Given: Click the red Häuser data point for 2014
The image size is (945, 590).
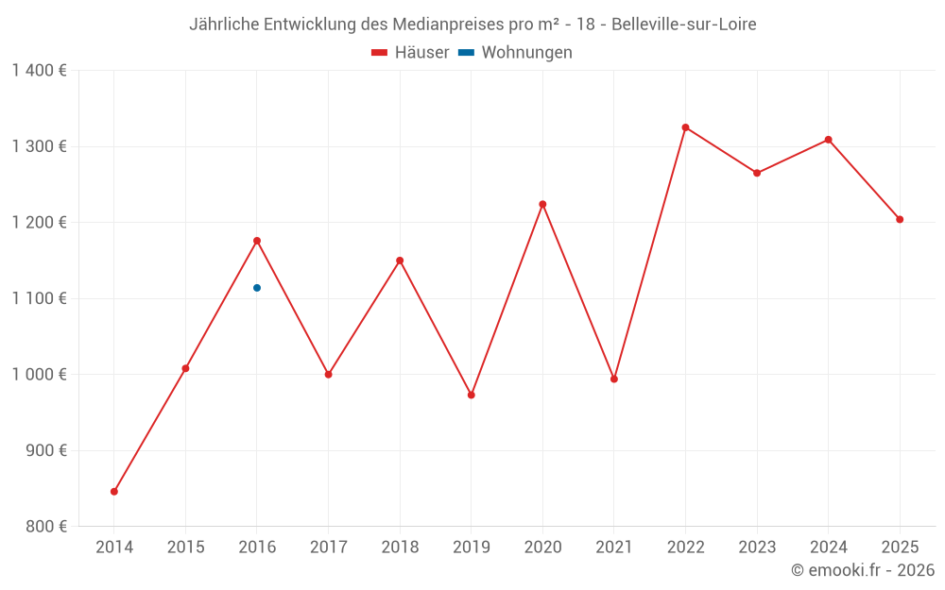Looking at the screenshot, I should (114, 492).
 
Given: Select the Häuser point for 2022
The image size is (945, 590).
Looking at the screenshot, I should (685, 127).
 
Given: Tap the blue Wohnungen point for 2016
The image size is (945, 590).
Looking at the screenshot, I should (257, 288).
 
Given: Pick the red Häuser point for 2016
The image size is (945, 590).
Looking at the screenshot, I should (257, 241).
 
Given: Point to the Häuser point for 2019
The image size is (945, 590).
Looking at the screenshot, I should (472, 395).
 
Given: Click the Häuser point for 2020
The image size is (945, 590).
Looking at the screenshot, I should (542, 204).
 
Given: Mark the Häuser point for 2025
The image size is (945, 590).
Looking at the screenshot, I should (900, 220).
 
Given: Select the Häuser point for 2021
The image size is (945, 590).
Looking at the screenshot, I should (614, 379).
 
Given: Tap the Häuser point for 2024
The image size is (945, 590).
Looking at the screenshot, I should (829, 140).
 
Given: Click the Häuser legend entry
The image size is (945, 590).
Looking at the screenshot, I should (410, 53).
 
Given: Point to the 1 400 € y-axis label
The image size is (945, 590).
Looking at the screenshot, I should (39, 71).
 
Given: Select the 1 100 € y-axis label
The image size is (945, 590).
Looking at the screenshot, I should (39, 298).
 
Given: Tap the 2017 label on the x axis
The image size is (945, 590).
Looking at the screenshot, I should (328, 547).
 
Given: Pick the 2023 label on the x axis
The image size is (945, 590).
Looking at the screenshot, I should (757, 547).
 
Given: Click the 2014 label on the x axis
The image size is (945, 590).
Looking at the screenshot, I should (114, 547).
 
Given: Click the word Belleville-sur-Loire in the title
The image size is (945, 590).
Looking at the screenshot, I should (683, 24).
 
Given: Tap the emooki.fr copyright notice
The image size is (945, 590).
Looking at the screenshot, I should (862, 570).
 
